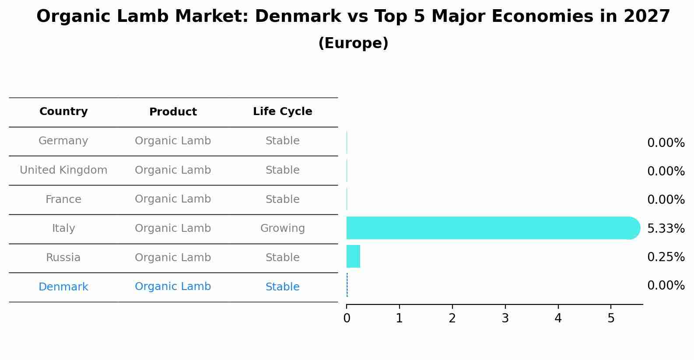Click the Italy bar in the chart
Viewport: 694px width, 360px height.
(x=490, y=228)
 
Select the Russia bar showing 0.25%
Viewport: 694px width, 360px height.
(x=353, y=256)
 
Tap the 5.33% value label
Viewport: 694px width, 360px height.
(x=666, y=228)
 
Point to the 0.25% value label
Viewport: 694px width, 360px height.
(x=666, y=257)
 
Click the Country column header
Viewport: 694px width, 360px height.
(x=63, y=112)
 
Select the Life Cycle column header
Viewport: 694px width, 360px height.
(x=282, y=112)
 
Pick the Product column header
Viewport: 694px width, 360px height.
(x=173, y=112)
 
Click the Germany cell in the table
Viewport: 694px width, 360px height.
(x=63, y=141)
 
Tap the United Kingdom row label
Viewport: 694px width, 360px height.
(x=63, y=170)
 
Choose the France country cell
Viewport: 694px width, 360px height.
(x=63, y=199)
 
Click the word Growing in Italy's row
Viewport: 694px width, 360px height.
(x=282, y=228)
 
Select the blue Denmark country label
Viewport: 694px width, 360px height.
(x=63, y=287)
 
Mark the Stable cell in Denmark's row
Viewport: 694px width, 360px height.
(x=282, y=287)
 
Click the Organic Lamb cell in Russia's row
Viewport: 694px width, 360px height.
(x=173, y=258)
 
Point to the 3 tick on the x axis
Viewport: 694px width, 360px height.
(x=505, y=318)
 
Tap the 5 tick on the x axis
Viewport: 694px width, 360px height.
(x=611, y=318)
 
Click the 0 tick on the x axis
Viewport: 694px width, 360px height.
(x=347, y=318)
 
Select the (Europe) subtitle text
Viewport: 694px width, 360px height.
(x=353, y=43)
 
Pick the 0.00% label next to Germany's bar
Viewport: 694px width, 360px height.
(x=666, y=143)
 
